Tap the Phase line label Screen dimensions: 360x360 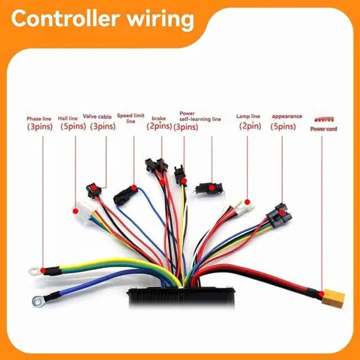[x=39, y=119]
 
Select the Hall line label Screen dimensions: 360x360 [x=71, y=118]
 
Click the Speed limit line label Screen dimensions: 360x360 [x=130, y=118]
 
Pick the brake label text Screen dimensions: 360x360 [x=159, y=119]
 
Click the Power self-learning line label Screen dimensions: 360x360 [x=200, y=116]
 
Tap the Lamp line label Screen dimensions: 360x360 [x=248, y=117]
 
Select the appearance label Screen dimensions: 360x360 [x=287, y=116]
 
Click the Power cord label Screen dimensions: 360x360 [x=323, y=129]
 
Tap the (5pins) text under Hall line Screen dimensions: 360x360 [x=73, y=127]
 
